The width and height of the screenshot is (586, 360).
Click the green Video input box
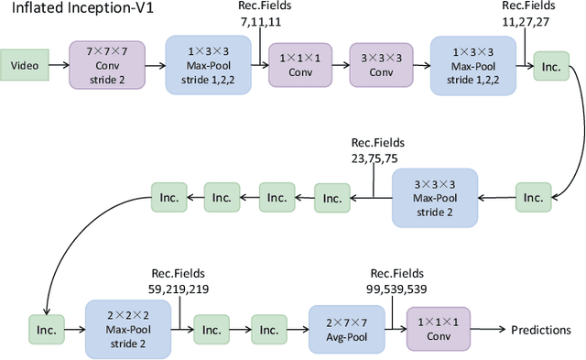[x=26, y=65]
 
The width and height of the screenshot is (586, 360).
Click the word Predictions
[x=540, y=330]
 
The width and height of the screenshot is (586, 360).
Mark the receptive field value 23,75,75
[x=374, y=158]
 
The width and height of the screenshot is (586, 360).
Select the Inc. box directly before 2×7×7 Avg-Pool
[x=269, y=329]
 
